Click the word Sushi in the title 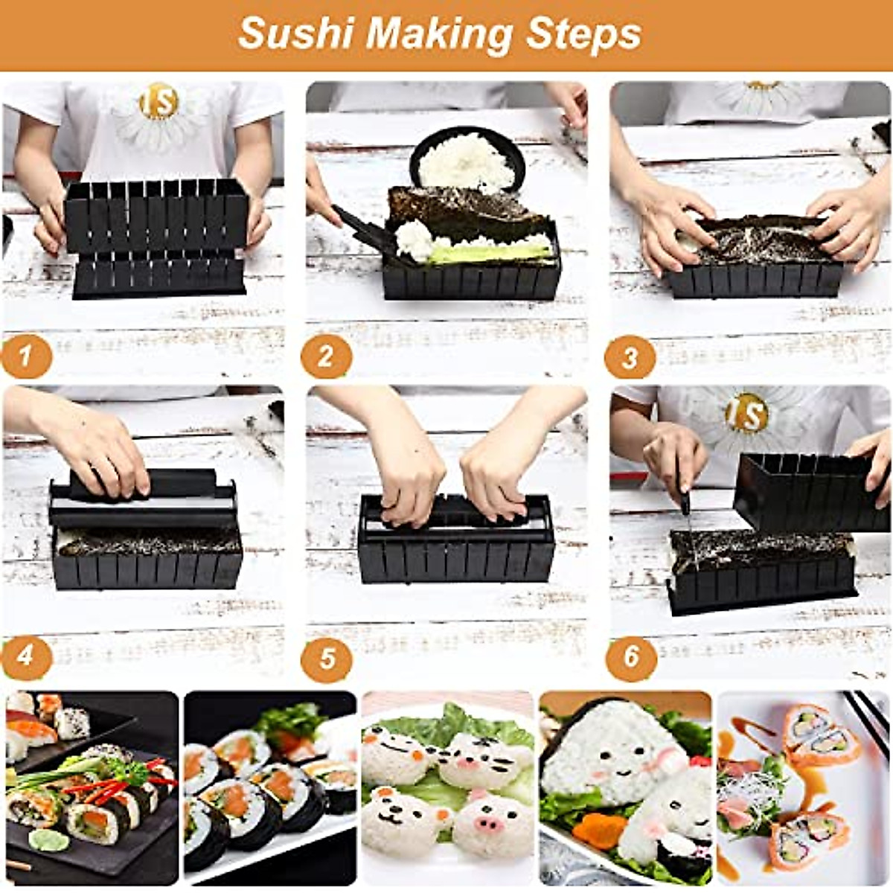296,34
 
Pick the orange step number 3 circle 630,358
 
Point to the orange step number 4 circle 26,656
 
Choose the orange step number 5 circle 327,658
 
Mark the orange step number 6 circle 631,656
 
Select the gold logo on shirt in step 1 159,102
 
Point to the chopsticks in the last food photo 867,718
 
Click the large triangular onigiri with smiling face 610,752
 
